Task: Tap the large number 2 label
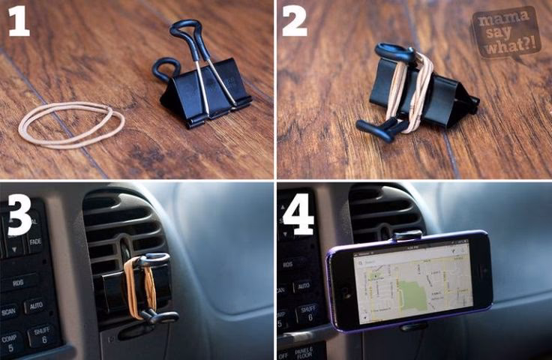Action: pos(294,22)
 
